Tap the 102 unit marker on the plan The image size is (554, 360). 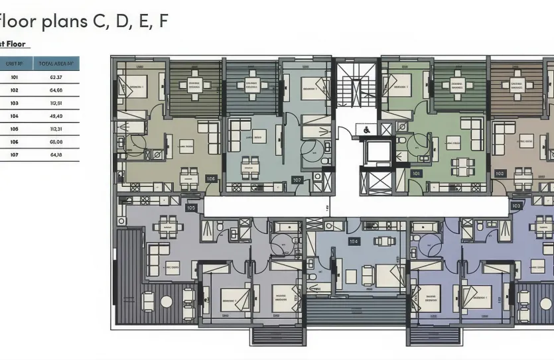coord(500,174)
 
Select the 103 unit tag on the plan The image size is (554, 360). coord(516,206)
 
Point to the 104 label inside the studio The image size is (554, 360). coord(354,242)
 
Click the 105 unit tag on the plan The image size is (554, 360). coord(192,208)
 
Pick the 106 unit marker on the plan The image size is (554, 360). coord(211,178)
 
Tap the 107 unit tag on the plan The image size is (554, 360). coord(297,180)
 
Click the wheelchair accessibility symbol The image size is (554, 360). coord(366,129)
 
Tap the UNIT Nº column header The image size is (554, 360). coord(15,64)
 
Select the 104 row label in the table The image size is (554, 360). coord(15,116)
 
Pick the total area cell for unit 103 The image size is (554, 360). coord(55,103)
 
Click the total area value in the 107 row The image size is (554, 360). coord(55,155)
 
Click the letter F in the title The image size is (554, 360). coord(163,21)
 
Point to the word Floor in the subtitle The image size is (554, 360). coord(17,44)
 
